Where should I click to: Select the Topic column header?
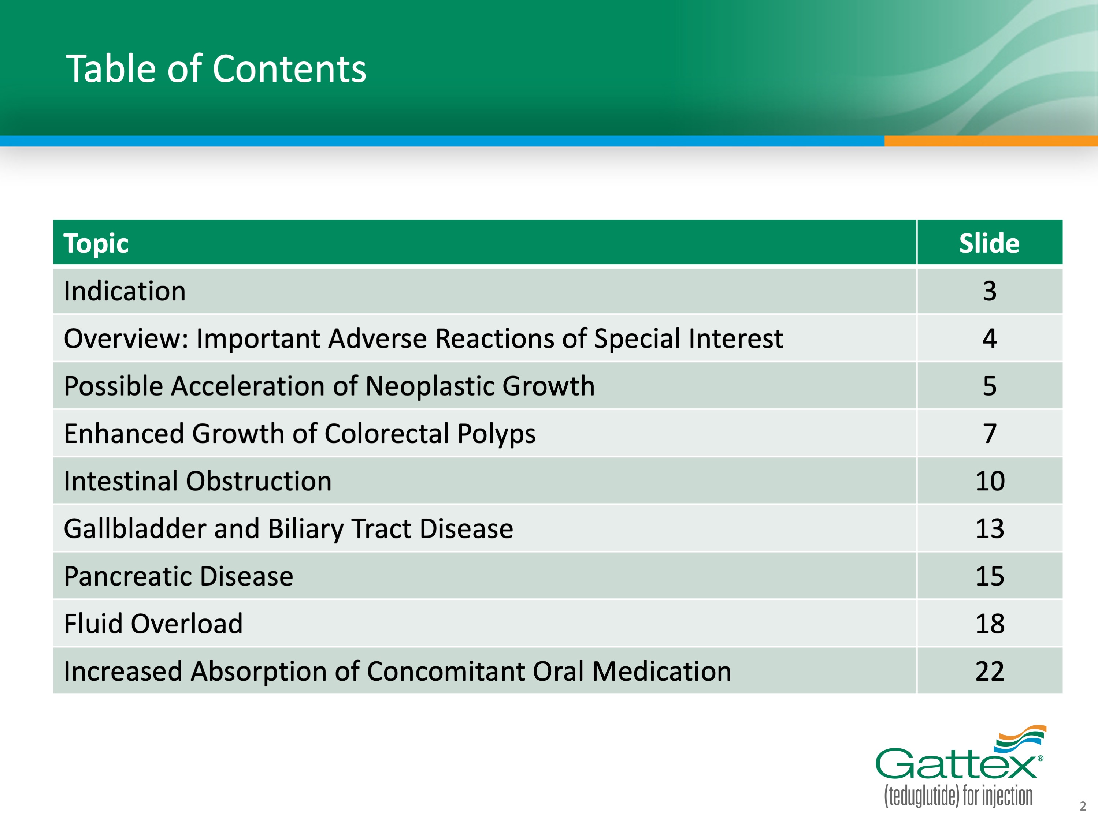(96, 244)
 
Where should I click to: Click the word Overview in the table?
(126, 338)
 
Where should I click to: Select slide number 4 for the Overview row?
(989, 338)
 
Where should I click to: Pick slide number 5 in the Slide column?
(989, 386)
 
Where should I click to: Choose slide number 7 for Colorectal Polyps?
(989, 434)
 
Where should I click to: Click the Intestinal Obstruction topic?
(197, 481)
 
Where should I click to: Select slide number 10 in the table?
(990, 481)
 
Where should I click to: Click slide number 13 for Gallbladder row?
(990, 528)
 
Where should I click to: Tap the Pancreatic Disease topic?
(179, 576)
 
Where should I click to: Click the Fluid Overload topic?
(153, 624)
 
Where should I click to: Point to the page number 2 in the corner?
(1083, 806)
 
